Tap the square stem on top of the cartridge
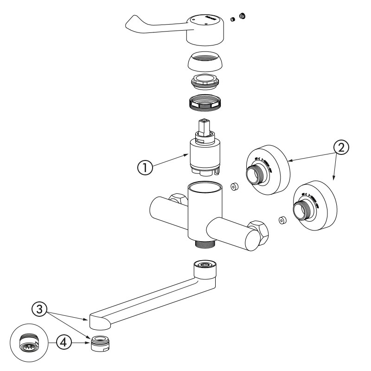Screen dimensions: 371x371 pyautogui.click(x=203, y=126)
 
